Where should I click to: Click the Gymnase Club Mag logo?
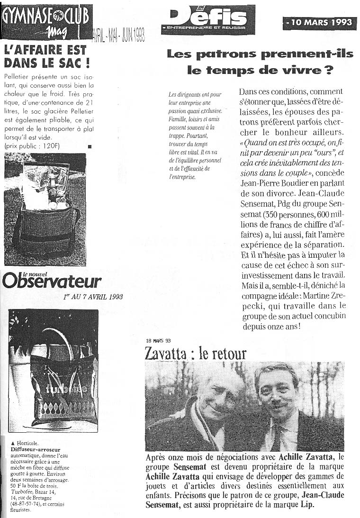(46, 21)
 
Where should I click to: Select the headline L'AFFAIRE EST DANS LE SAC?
(45, 56)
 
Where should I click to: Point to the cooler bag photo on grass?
(45, 209)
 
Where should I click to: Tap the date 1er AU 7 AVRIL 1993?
(93, 297)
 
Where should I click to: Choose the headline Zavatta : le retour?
(196, 353)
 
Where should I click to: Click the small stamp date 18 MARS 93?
(158, 340)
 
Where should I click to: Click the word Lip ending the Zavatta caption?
(307, 505)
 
